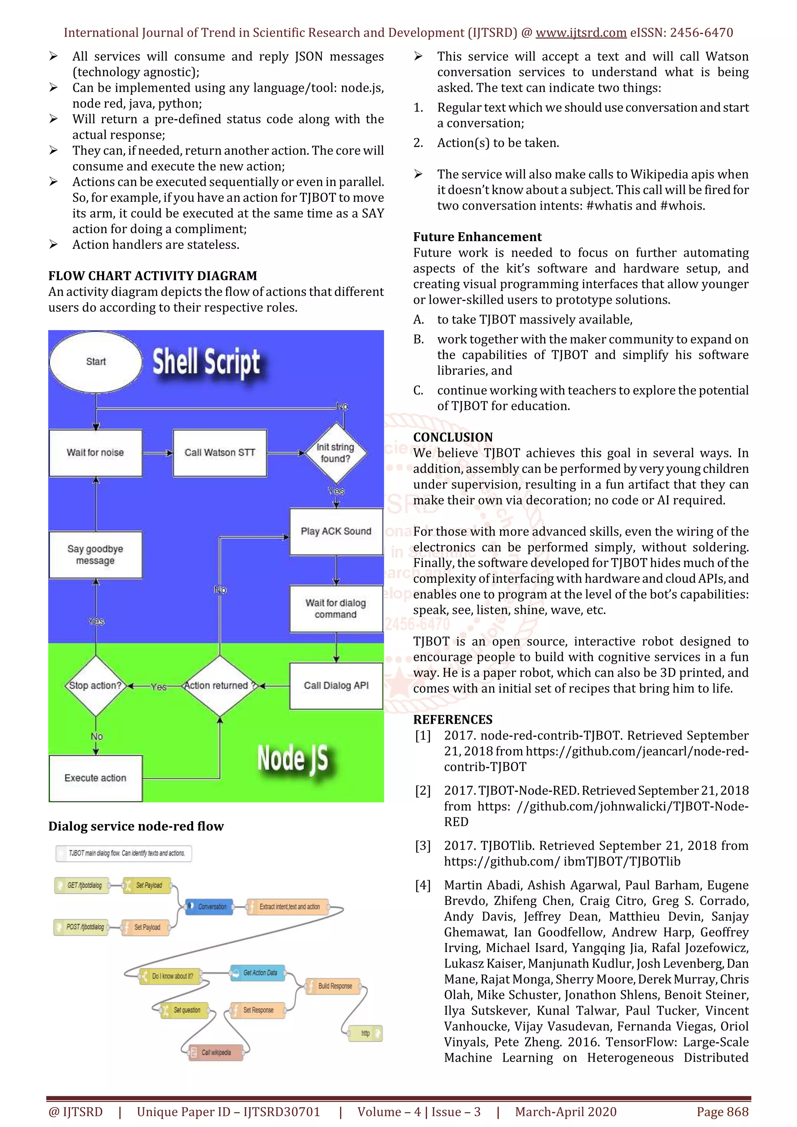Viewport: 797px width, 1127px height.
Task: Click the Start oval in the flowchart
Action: click(x=96, y=362)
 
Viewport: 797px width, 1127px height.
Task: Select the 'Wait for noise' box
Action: click(x=96, y=453)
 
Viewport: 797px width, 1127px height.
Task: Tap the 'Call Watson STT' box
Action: click(x=219, y=453)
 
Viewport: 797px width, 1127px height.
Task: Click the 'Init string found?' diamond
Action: click(x=335, y=453)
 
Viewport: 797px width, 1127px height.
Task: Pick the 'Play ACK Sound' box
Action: click(x=336, y=532)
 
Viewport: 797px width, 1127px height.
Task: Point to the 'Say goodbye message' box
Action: click(x=96, y=555)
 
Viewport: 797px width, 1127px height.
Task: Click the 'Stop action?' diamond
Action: click(x=96, y=686)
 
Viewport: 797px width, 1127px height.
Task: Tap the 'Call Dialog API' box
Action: click(x=336, y=686)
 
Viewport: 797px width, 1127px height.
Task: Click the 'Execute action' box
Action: click(x=96, y=778)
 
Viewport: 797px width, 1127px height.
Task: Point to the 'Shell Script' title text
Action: click(x=206, y=362)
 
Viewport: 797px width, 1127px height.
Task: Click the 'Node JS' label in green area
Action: click(x=292, y=758)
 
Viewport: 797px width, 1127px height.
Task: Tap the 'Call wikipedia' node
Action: click(x=216, y=1052)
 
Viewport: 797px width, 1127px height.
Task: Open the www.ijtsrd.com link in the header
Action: click(x=581, y=33)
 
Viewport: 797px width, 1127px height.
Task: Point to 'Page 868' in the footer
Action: click(x=722, y=1112)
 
